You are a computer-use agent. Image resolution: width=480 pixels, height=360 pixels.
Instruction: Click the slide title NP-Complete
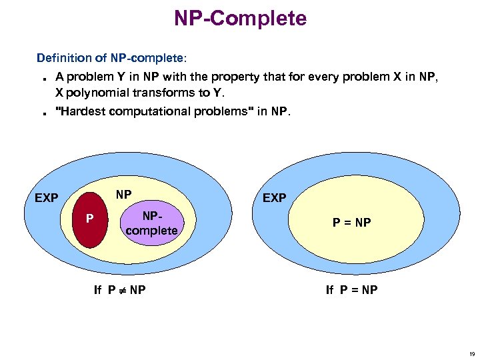[240, 18]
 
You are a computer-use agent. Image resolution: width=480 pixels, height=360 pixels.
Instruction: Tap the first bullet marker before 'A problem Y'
[42, 78]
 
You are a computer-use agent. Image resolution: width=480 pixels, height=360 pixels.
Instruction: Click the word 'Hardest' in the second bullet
[82, 111]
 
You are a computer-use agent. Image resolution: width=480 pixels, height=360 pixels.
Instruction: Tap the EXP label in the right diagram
[275, 198]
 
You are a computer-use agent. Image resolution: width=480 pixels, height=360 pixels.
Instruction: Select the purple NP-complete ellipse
[151, 223]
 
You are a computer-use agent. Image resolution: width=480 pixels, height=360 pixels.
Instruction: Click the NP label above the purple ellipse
[123, 195]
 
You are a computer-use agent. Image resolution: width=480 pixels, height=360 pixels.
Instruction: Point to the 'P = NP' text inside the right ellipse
[352, 223]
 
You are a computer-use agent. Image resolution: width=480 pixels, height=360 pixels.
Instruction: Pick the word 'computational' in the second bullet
[153, 111]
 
